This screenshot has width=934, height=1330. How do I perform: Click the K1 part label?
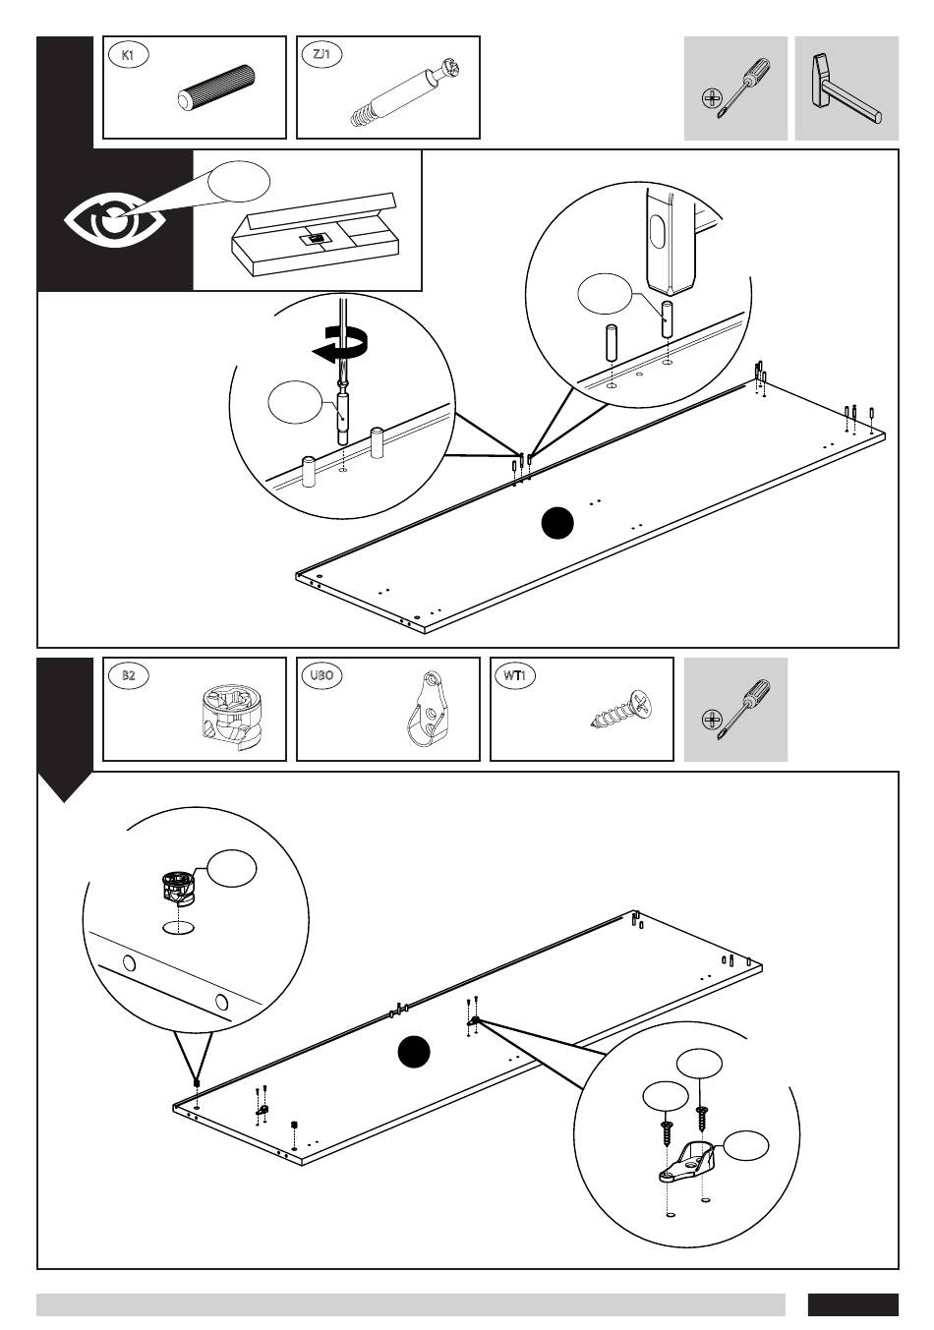coord(127,55)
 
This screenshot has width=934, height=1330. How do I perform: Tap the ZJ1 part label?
coord(321,55)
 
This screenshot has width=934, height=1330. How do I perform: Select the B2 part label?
coord(128,676)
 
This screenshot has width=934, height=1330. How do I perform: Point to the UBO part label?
coord(321,676)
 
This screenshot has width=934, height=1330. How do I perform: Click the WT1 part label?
coord(515,676)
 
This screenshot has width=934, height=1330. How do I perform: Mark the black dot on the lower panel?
coord(414,1053)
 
